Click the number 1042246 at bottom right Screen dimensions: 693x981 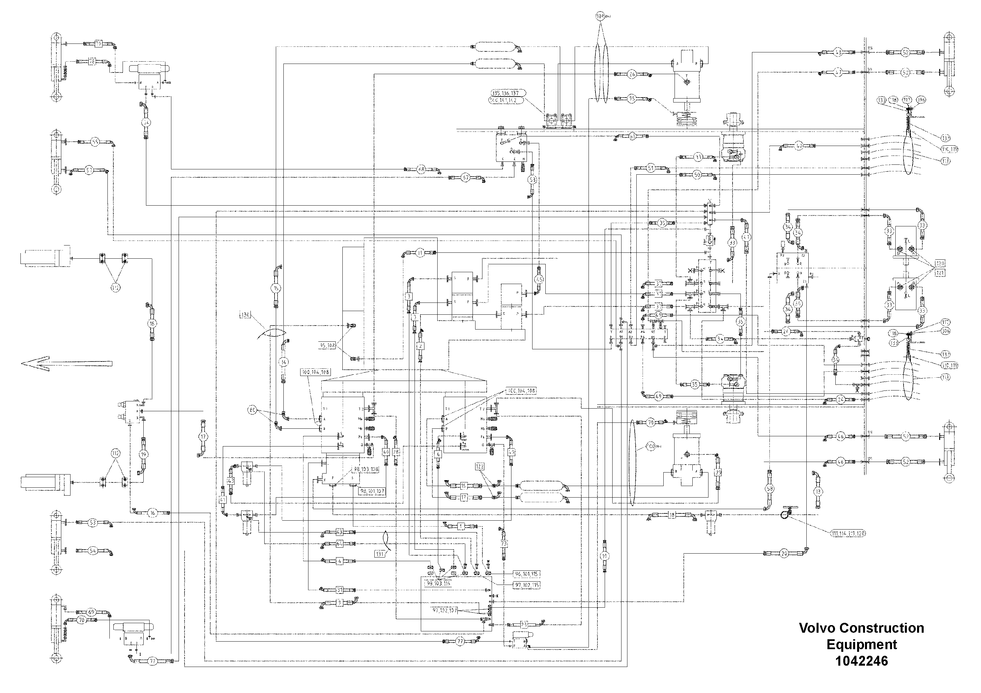[x=861, y=661]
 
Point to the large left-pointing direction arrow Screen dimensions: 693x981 [x=66, y=363]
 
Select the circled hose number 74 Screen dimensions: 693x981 [x=147, y=122]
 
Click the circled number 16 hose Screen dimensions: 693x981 [x=153, y=513]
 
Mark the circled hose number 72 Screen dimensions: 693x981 [x=153, y=661]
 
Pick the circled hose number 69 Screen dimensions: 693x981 [x=91, y=612]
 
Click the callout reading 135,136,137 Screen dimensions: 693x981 [x=507, y=93]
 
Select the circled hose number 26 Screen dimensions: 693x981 [x=632, y=74]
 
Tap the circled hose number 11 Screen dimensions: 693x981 [x=420, y=253]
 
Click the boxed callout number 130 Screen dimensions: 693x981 [x=246, y=315]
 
